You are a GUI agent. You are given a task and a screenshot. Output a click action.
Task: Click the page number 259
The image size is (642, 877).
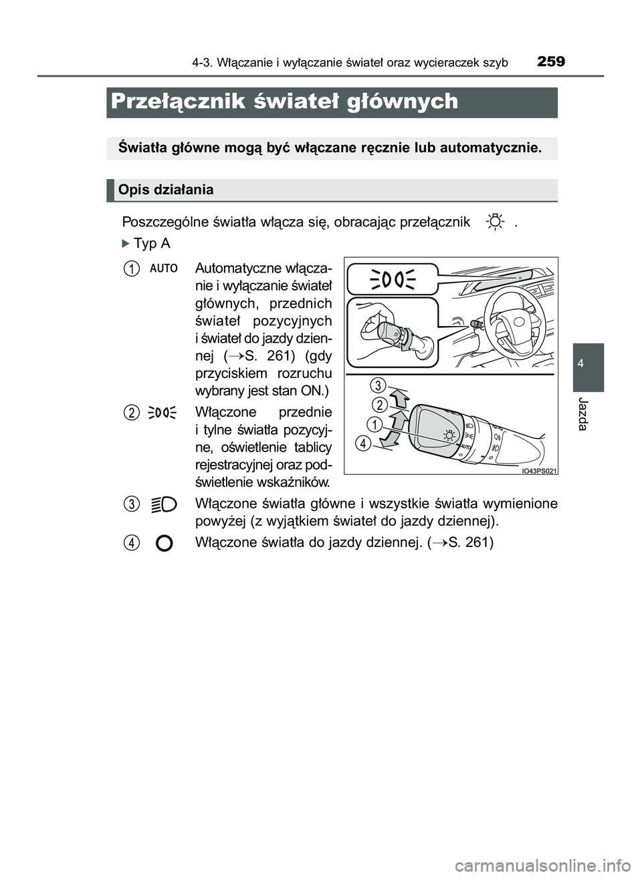[550, 62]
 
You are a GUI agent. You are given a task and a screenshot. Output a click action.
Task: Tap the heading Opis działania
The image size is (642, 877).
[166, 190]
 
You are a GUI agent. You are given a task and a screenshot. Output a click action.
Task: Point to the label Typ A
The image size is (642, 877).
[151, 243]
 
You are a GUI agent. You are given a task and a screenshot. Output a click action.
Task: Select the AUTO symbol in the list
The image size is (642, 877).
[164, 269]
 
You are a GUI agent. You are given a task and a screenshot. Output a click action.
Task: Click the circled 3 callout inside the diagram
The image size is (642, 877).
[379, 385]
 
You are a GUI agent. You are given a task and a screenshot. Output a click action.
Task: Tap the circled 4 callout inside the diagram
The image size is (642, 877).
[363, 442]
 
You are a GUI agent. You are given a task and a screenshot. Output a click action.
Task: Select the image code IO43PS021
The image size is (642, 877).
[538, 470]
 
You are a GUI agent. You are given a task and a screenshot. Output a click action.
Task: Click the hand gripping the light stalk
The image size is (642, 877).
[374, 321]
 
